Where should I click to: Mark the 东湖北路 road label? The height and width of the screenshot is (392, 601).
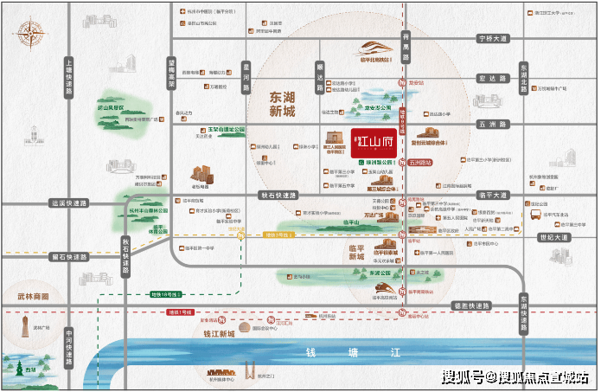pos(522,77)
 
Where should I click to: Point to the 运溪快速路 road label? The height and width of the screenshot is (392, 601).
pos(70,204)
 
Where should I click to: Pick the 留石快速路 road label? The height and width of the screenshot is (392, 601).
pos(70,257)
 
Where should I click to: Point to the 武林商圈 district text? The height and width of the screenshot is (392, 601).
pos(33,296)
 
